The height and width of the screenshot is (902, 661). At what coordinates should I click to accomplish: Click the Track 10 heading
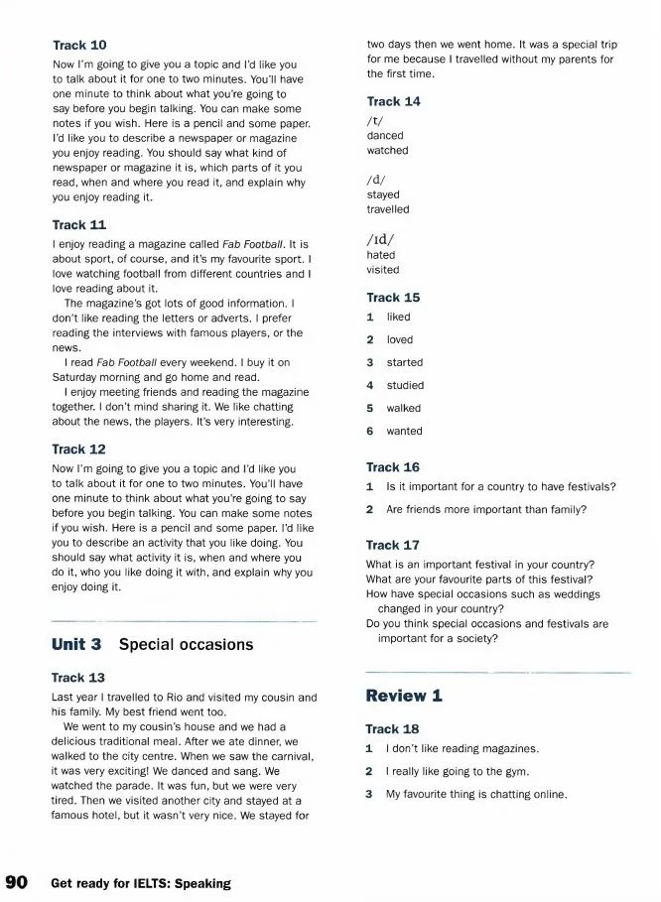(x=78, y=46)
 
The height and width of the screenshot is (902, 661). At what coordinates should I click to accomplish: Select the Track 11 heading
(x=78, y=225)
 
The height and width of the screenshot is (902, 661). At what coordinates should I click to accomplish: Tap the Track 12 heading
(x=78, y=450)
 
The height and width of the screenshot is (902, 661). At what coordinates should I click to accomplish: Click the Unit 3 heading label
(x=76, y=645)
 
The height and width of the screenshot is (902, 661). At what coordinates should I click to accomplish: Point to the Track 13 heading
(x=78, y=678)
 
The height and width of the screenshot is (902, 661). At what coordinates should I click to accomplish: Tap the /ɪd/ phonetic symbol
(x=380, y=239)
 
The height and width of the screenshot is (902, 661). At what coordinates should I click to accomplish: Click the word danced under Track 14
(x=385, y=135)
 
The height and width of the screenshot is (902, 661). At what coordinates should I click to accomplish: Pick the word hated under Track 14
(x=381, y=255)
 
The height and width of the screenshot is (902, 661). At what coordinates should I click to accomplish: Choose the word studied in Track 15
(x=405, y=385)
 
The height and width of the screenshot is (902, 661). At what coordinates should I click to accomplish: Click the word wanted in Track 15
(x=404, y=431)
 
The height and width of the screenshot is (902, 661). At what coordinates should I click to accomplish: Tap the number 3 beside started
(x=369, y=362)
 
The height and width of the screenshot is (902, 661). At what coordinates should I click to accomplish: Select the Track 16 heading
(x=393, y=467)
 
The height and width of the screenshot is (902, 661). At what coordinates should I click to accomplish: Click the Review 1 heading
(x=404, y=696)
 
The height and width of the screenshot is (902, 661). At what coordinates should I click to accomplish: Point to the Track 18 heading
(x=393, y=729)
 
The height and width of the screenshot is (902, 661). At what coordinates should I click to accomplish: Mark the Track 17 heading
(x=393, y=545)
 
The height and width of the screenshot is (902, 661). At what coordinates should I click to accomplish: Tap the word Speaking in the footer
(x=198, y=883)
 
